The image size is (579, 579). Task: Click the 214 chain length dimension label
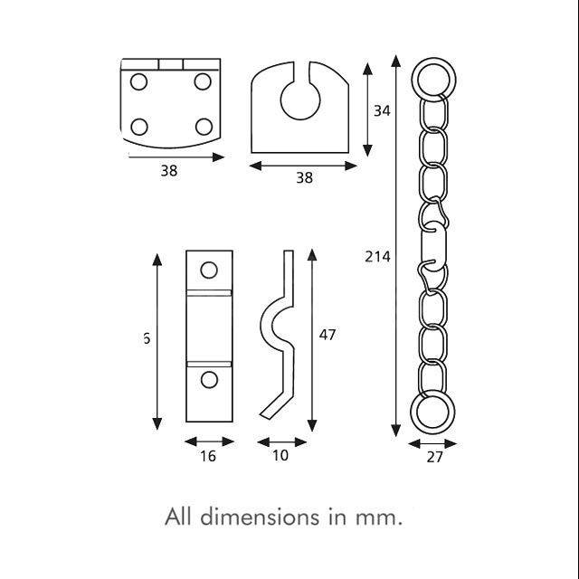click(x=378, y=257)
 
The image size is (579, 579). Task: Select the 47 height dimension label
click(x=327, y=335)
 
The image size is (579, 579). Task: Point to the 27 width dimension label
click(x=434, y=458)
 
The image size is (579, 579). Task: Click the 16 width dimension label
click(x=207, y=456)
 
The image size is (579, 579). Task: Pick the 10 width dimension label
click(x=280, y=456)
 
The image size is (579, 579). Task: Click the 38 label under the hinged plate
click(x=168, y=172)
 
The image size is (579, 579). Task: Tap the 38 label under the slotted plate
click(x=304, y=178)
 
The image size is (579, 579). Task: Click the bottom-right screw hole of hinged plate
click(x=204, y=125)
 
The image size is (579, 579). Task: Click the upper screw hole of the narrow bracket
click(x=209, y=270)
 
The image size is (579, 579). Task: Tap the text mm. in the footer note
click(x=378, y=518)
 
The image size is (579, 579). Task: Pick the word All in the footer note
click(x=179, y=518)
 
